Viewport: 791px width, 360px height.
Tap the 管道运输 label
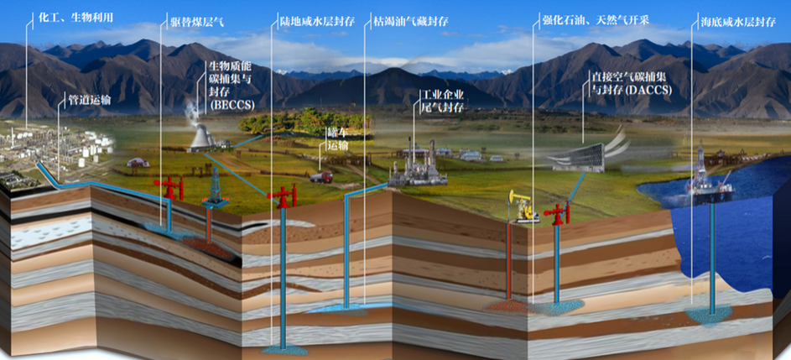click(89, 101)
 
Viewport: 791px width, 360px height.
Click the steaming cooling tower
click(202, 134)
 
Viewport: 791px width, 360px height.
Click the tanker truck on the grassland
click(320, 176)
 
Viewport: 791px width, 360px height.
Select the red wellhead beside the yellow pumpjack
click(556, 212)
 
